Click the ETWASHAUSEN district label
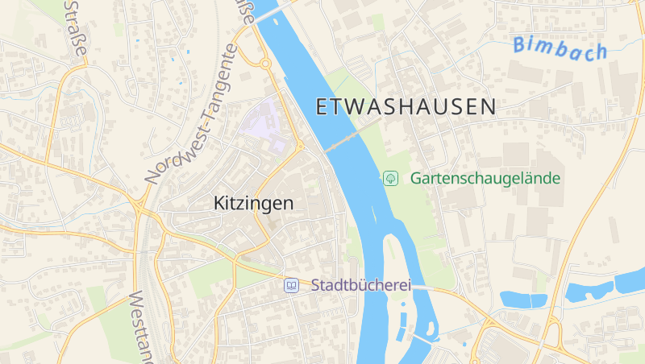(x=406, y=107)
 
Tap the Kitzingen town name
(x=253, y=204)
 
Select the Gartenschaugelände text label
(x=485, y=178)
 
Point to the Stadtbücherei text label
(x=361, y=285)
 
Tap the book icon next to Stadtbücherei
(x=291, y=285)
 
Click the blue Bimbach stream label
(x=559, y=48)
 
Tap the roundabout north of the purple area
(x=264, y=63)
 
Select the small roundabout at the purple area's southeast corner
(x=299, y=146)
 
